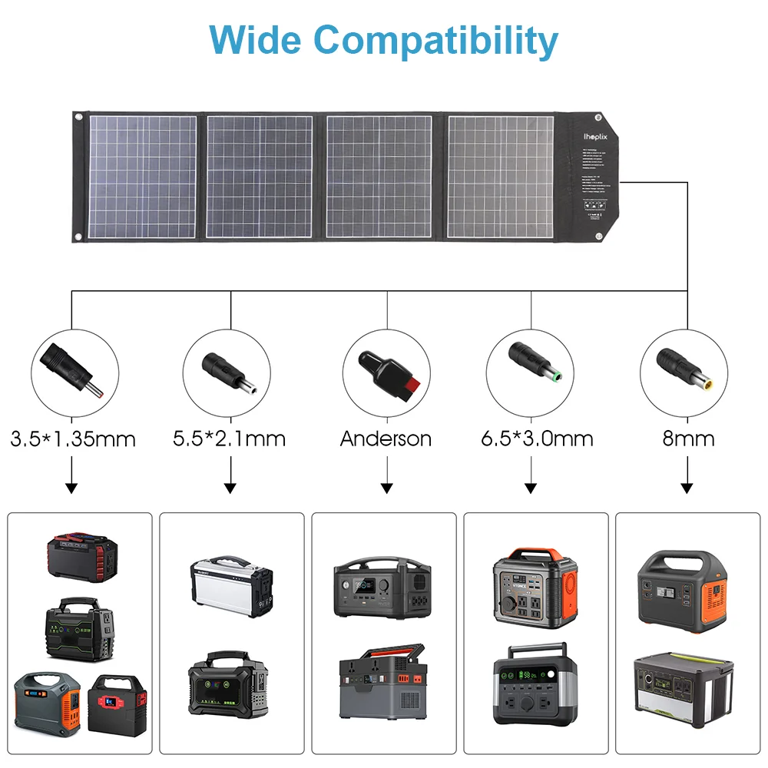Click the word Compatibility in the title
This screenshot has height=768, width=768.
(435, 40)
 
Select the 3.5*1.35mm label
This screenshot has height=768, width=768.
(73, 439)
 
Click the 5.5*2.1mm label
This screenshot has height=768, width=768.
(229, 439)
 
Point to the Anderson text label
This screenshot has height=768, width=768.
(386, 439)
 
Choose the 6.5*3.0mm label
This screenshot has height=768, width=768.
(537, 439)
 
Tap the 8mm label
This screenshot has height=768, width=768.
(688, 439)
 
